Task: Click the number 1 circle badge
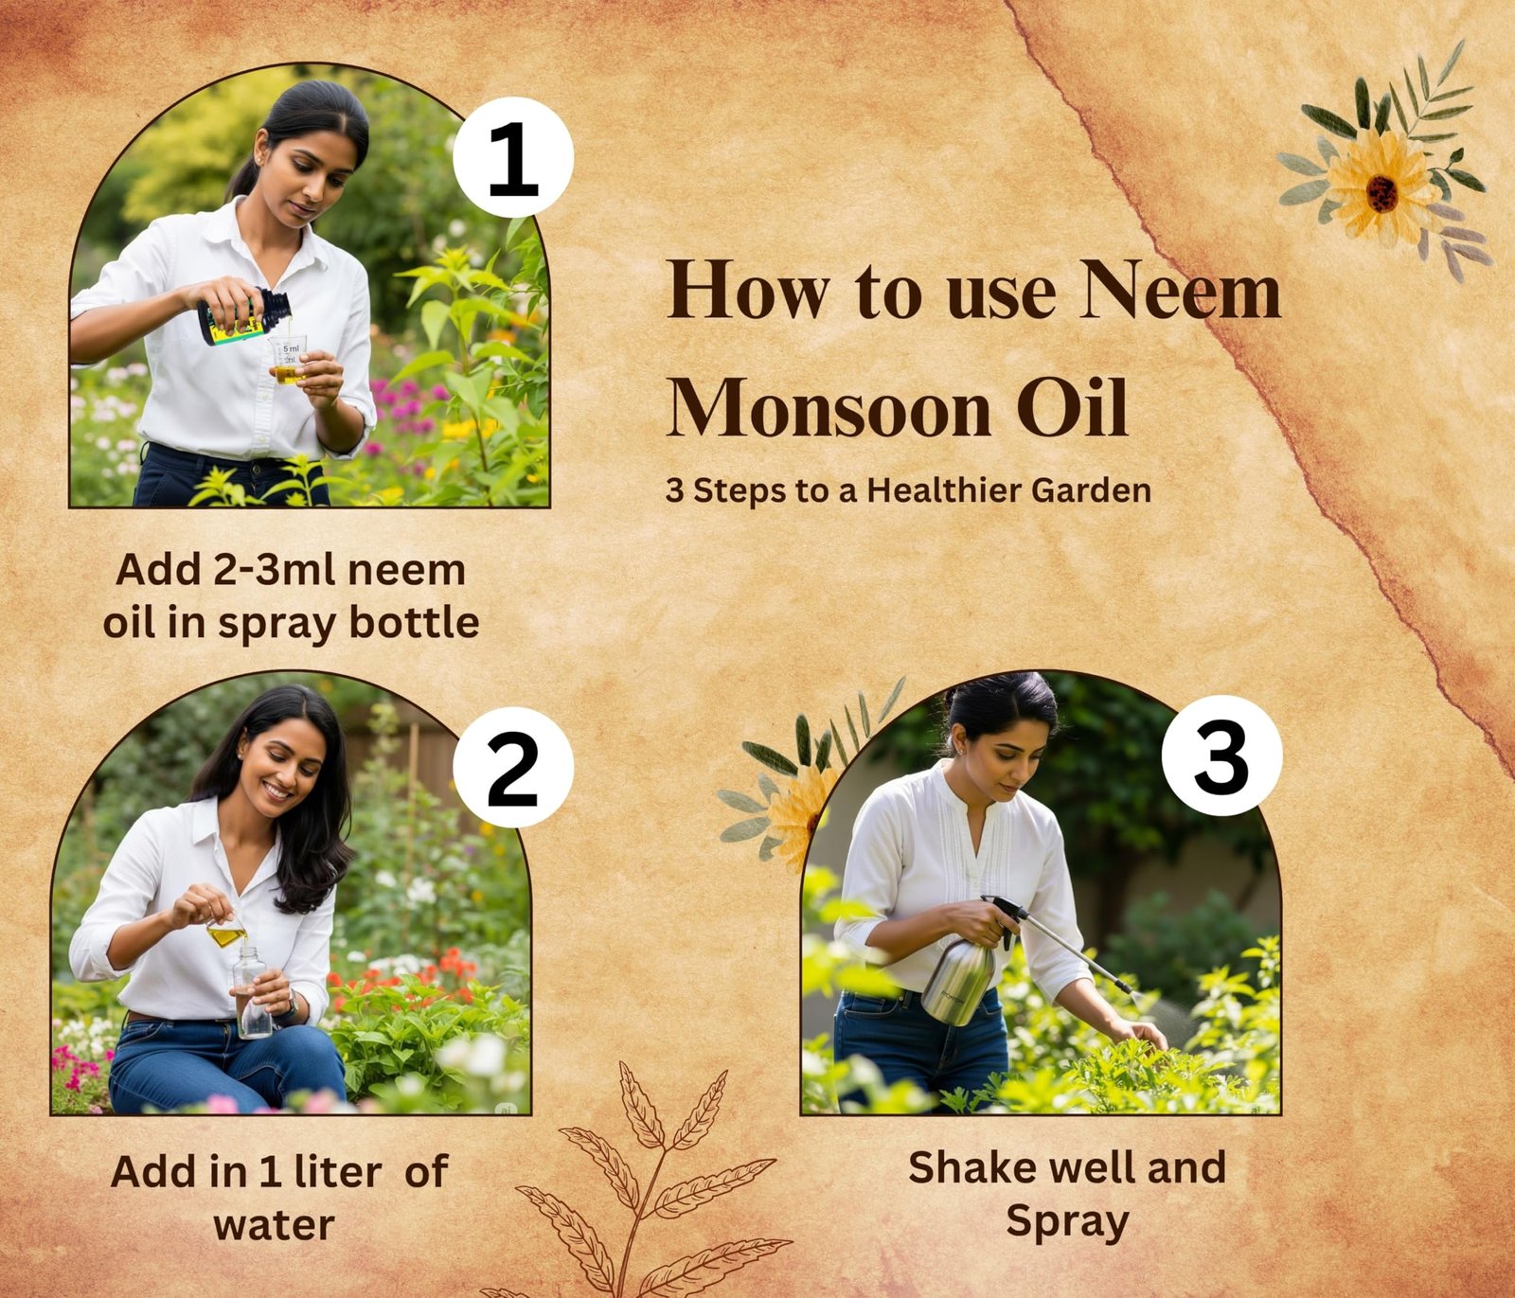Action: pyautogui.click(x=513, y=157)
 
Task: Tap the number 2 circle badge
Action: pyautogui.click(x=513, y=768)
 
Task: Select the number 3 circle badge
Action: pyautogui.click(x=1221, y=756)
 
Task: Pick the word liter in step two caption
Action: pyautogui.click(x=338, y=1172)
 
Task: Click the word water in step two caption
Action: pyautogui.click(x=274, y=1226)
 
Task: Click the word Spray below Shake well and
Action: pyautogui.click(x=1067, y=1222)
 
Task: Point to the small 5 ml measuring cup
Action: pyautogui.click(x=288, y=361)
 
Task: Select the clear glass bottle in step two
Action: pyautogui.click(x=252, y=991)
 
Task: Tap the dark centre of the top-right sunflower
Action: pyautogui.click(x=1381, y=193)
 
